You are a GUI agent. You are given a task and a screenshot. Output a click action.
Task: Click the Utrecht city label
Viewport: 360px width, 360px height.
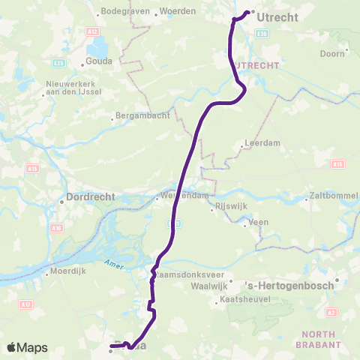click(277, 16)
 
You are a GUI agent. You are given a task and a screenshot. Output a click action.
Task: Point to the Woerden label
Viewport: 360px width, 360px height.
click(178, 12)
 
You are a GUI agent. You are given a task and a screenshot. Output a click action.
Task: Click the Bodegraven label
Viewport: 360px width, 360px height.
click(125, 12)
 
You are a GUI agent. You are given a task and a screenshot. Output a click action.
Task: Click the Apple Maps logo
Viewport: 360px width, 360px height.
click(27, 347)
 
